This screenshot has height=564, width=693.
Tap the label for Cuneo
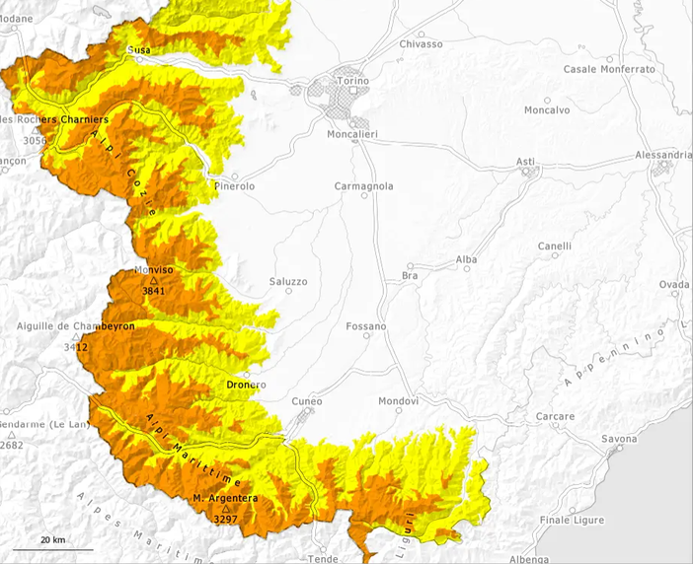(307, 401)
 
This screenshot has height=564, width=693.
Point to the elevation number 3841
(153, 291)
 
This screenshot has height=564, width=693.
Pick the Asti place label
(526, 161)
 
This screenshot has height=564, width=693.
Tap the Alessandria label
(663, 156)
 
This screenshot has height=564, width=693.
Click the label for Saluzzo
(288, 282)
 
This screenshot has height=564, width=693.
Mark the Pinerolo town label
(234, 186)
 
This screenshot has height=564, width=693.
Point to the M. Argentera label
(225, 499)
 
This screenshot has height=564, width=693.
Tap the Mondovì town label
(399, 401)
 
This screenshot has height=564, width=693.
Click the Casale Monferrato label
(609, 69)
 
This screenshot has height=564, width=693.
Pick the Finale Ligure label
(570, 520)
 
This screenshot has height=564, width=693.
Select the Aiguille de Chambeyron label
(75, 325)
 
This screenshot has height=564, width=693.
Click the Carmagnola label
(363, 185)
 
